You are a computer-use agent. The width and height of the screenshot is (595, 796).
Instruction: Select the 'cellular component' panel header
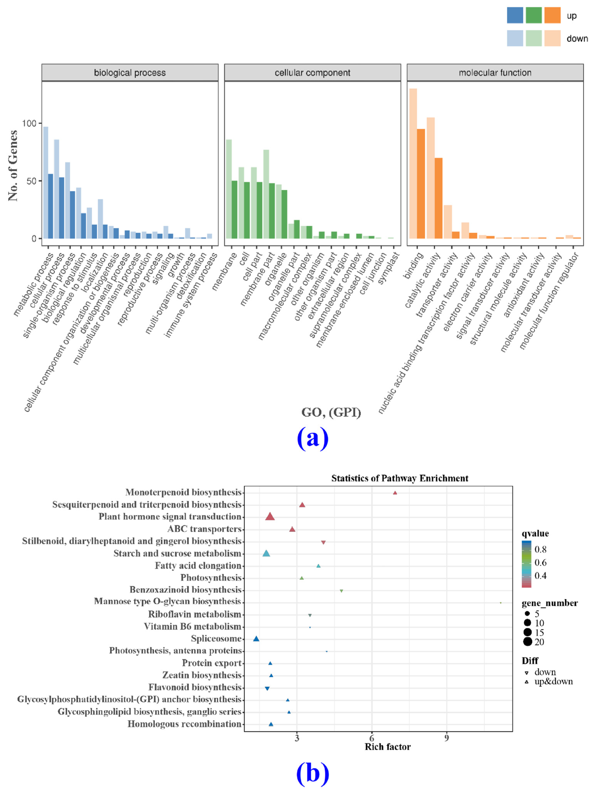click(x=312, y=73)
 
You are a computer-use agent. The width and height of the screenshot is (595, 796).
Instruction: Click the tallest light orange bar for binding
click(x=413, y=164)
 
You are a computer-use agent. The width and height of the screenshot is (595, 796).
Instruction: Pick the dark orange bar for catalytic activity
click(x=438, y=198)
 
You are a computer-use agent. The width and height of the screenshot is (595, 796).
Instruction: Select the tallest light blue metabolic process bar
click(x=46, y=183)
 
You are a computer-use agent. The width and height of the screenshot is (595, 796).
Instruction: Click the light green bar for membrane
click(x=229, y=189)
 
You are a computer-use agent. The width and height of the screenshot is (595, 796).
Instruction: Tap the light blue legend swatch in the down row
click(x=515, y=38)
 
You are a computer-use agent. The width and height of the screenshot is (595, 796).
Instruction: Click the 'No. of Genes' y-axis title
click(x=13, y=166)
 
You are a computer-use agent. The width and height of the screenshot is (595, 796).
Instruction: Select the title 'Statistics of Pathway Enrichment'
click(x=400, y=478)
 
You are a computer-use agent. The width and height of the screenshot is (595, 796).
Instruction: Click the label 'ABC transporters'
click(x=204, y=529)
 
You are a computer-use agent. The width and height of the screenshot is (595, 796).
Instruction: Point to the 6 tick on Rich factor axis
click(x=372, y=738)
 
